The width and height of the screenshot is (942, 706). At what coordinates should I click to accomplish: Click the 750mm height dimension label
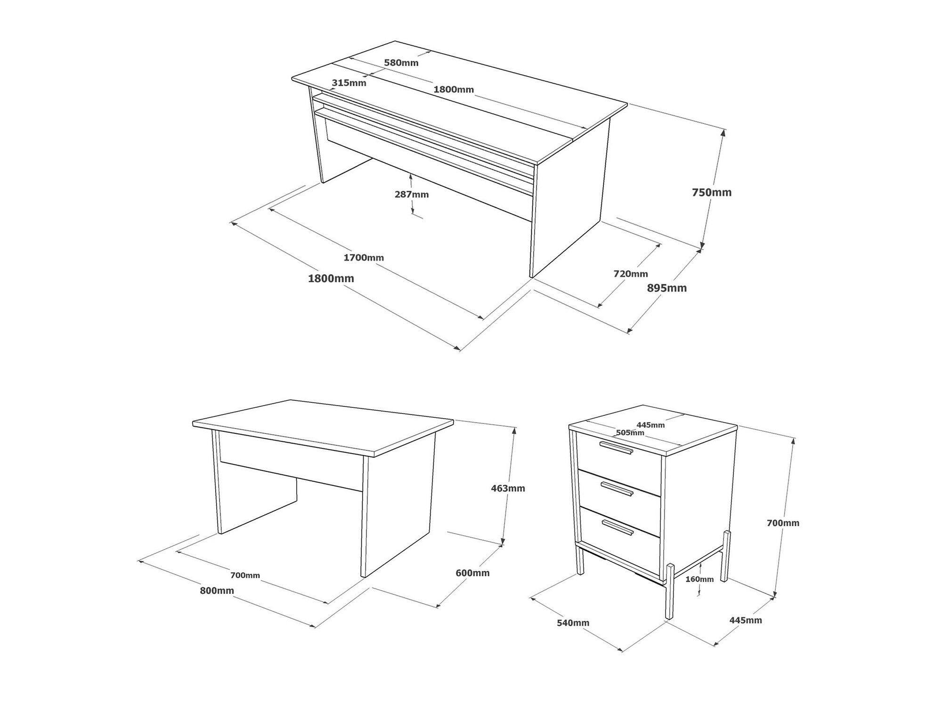[712, 192]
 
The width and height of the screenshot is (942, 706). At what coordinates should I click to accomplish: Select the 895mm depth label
[667, 288]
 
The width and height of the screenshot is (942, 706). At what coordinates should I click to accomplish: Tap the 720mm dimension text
[631, 274]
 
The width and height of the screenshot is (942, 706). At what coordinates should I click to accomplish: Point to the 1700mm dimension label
[364, 258]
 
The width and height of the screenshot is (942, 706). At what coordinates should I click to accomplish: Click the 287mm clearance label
[412, 194]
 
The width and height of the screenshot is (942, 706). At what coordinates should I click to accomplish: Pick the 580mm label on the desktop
[401, 62]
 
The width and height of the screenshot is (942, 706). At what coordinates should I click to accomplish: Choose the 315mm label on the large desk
[349, 83]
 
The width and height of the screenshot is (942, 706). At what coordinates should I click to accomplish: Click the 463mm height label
[508, 488]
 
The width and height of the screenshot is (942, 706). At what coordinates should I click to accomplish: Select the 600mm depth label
[473, 573]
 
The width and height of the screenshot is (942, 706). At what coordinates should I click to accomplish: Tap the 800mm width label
[217, 591]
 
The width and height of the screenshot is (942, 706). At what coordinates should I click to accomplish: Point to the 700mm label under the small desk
[245, 575]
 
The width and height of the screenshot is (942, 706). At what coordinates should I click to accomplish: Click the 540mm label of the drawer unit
[573, 623]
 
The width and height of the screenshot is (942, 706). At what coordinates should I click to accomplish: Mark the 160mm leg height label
[699, 579]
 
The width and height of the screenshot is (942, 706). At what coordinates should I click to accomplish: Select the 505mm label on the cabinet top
[630, 432]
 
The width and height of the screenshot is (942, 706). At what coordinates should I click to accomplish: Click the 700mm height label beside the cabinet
[783, 523]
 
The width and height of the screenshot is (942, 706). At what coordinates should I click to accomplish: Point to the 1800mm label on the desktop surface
[454, 89]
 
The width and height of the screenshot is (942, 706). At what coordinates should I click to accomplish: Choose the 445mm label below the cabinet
[746, 620]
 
